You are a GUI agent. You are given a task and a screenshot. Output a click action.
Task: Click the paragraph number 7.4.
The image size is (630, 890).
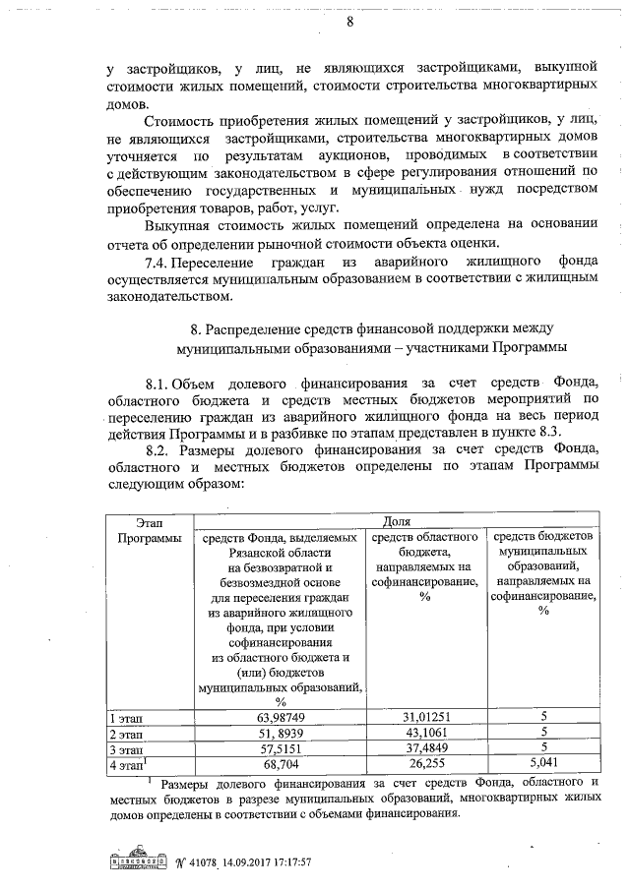(159, 263)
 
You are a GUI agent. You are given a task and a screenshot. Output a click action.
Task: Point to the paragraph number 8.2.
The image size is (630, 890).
(159, 448)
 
